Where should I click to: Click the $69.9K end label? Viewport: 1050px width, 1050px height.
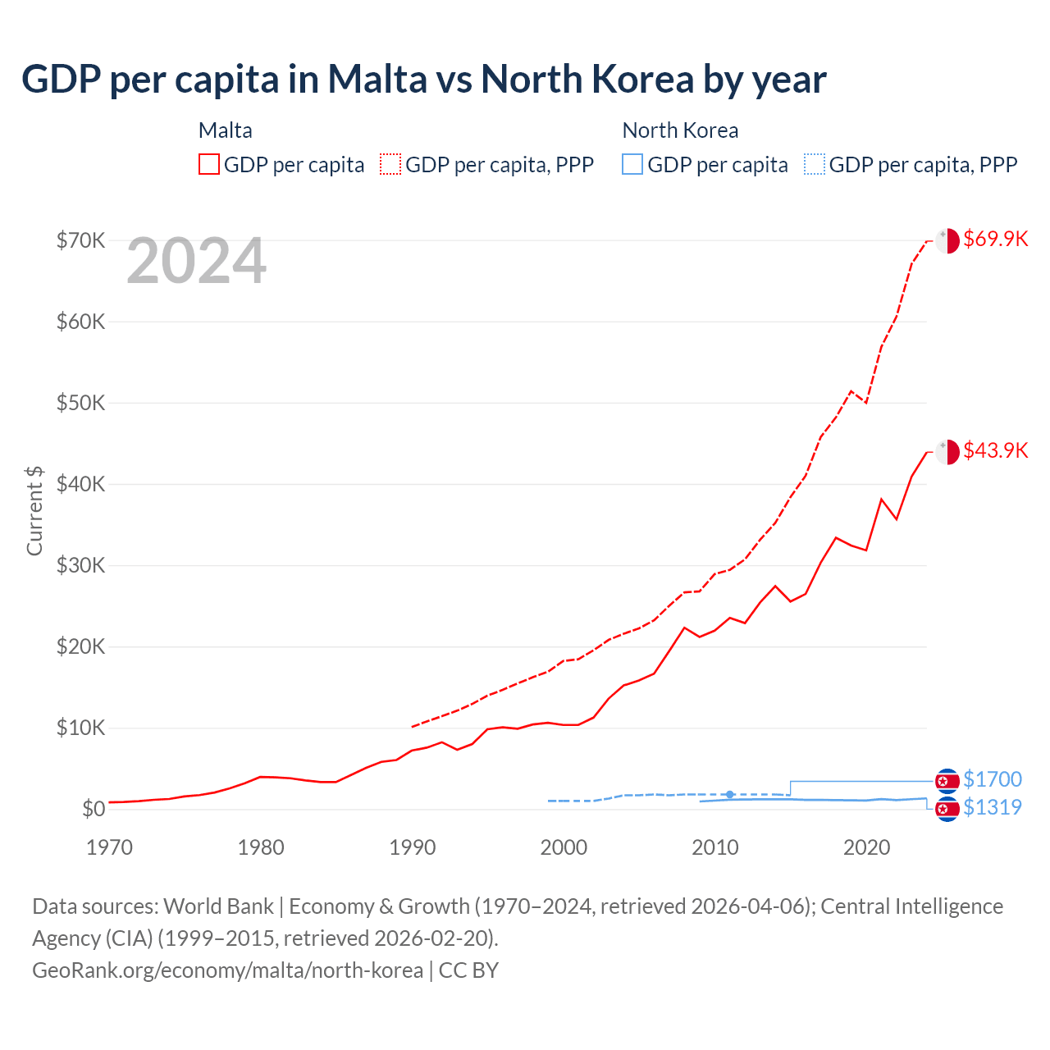click(x=995, y=239)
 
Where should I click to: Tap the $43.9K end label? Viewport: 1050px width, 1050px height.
click(x=995, y=450)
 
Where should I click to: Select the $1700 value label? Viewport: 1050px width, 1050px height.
click(x=992, y=779)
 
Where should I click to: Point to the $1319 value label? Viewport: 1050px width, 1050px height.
click(x=992, y=807)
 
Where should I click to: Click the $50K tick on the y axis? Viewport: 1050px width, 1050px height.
click(x=80, y=403)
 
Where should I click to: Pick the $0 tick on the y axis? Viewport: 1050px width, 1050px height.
click(x=94, y=809)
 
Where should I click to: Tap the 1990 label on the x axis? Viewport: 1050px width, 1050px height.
click(x=412, y=847)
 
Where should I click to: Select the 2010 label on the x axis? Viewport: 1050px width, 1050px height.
click(x=715, y=847)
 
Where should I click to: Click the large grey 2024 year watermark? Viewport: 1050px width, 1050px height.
click(x=197, y=261)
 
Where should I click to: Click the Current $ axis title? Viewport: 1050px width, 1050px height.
click(x=34, y=510)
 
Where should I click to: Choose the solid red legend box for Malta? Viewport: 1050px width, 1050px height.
click(x=209, y=164)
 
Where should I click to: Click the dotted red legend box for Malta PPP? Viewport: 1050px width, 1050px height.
click(x=390, y=164)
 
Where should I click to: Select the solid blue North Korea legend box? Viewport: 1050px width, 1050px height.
click(x=632, y=164)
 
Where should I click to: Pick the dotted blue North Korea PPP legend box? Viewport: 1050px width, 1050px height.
click(x=815, y=164)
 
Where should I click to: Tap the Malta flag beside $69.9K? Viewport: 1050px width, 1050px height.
click(x=947, y=241)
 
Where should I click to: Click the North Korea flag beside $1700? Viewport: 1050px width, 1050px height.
click(x=947, y=781)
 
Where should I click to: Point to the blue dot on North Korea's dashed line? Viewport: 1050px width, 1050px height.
click(x=730, y=794)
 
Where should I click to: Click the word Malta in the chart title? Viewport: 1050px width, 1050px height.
click(x=377, y=79)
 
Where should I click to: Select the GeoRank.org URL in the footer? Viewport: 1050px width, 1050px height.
click(x=227, y=970)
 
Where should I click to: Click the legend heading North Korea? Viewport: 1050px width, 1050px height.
click(x=680, y=130)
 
